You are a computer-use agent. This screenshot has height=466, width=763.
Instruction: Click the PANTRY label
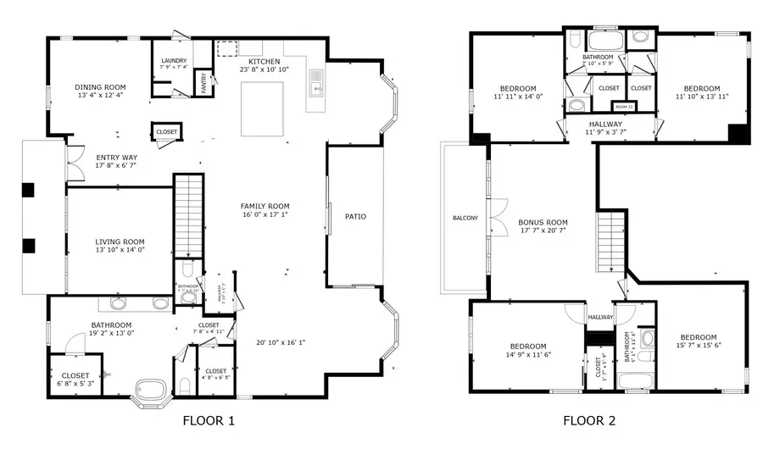tap(204, 83)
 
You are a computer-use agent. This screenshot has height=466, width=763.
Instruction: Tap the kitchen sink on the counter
tap(316, 82)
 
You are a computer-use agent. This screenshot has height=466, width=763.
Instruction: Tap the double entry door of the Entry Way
tap(75, 164)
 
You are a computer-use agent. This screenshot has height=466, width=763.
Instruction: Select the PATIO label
tap(355, 217)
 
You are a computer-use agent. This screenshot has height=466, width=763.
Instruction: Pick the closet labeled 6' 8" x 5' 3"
tap(75, 377)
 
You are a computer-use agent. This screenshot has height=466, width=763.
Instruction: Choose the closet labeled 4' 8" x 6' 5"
tap(215, 375)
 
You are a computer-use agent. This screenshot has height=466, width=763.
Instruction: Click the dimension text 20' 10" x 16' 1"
tap(281, 343)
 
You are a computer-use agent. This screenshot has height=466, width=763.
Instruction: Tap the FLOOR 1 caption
tap(209, 420)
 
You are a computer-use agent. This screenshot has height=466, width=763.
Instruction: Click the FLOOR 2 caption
tap(589, 420)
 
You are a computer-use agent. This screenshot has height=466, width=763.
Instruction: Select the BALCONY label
tap(464, 218)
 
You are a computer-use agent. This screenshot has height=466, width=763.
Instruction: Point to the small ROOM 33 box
tap(625, 107)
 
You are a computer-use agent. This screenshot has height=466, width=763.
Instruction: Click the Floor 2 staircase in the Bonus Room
tap(610, 239)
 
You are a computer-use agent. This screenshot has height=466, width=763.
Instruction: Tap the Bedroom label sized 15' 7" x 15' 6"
tap(698, 341)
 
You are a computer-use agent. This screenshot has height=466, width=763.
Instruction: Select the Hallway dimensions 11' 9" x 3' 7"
tap(605, 131)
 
